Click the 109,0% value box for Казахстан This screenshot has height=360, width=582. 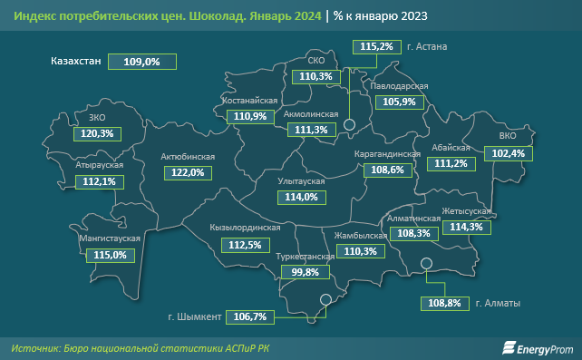(x=141, y=62)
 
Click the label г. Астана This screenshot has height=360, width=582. (x=429, y=46)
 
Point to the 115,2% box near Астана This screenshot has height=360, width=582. (x=376, y=46)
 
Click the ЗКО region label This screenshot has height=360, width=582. (x=97, y=118)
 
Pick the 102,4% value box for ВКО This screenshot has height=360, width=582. (x=509, y=154)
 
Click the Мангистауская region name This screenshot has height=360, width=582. (x=109, y=238)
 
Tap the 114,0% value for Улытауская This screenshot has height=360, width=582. (x=301, y=197)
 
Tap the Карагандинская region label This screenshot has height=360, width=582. (x=387, y=155)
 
